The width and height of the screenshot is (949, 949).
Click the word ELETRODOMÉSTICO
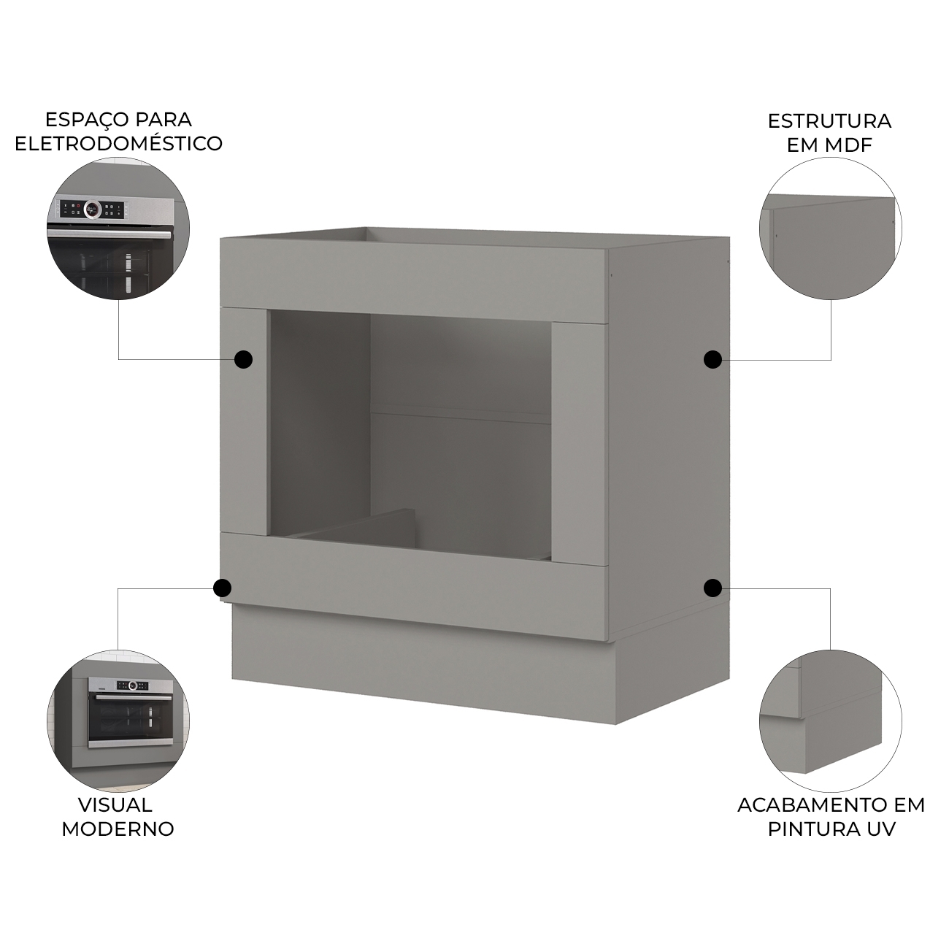pyautogui.click(x=119, y=143)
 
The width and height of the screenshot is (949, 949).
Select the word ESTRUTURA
pyautogui.click(x=830, y=120)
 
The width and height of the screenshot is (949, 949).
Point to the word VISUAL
pyautogui.click(x=115, y=804)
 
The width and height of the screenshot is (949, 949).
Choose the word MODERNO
pyautogui.click(x=118, y=829)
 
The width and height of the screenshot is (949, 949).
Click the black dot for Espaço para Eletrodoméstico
pyautogui.click(x=243, y=359)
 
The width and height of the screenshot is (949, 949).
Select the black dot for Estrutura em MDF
pyautogui.click(x=712, y=359)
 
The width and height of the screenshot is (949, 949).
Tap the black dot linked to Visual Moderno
pyautogui.click(x=222, y=588)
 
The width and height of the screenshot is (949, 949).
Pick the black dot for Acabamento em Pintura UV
pyautogui.click(x=712, y=588)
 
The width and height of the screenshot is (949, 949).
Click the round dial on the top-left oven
pyautogui.click(x=91, y=210)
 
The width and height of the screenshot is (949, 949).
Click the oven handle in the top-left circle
pyautogui.click(x=111, y=234)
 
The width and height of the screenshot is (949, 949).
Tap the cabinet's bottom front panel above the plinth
pyautogui.click(x=415, y=587)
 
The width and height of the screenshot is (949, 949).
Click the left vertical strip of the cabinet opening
pyautogui.click(x=245, y=421)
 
